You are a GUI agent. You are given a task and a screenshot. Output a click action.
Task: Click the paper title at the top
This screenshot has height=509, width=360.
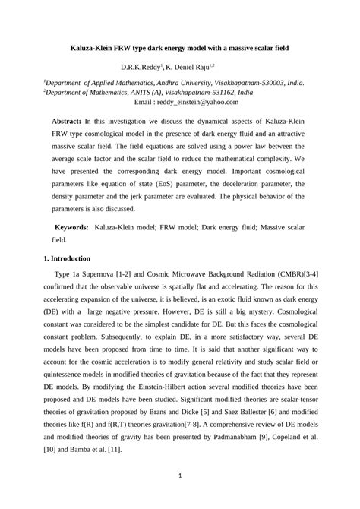tap(180, 47)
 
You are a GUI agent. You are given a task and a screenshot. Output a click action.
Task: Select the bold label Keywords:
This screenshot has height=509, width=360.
tap(71, 227)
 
